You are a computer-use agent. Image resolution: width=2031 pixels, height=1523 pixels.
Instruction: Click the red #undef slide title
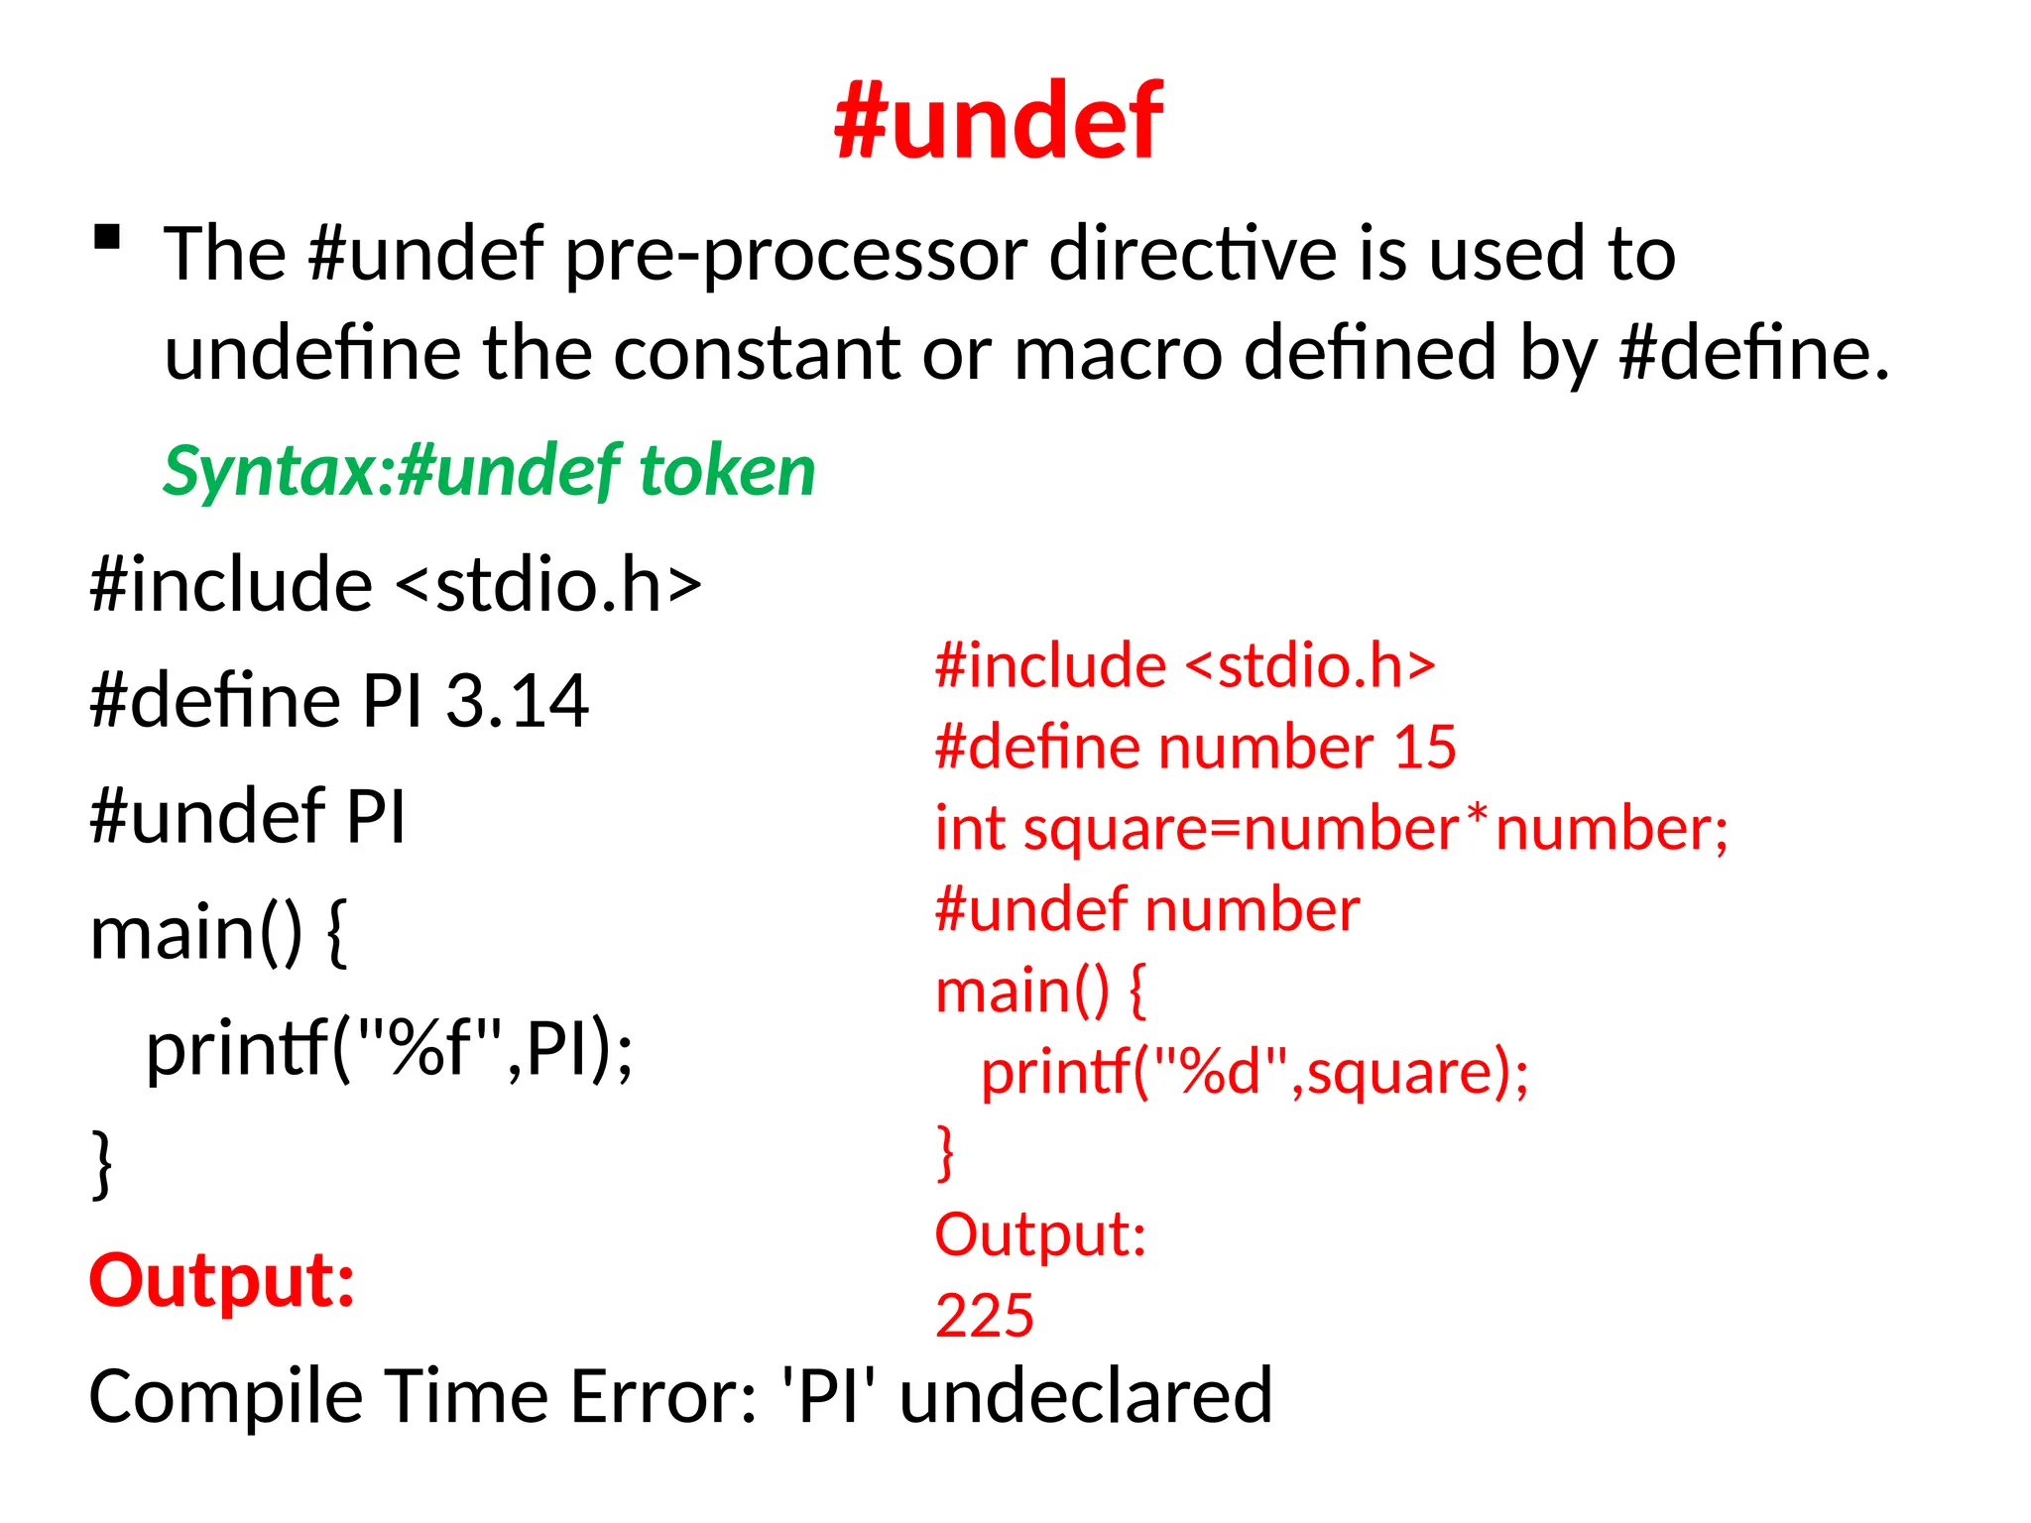[999, 121]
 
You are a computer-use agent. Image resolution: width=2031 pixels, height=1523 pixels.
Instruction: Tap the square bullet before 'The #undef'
[107, 238]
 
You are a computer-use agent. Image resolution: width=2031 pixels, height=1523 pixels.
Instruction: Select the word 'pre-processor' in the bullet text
[797, 256]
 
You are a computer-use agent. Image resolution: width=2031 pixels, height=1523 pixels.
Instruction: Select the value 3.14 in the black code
[517, 701]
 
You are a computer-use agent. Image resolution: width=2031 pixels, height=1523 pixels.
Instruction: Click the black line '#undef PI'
[248, 817]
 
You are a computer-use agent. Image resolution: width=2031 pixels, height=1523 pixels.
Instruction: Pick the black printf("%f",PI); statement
[389, 1049]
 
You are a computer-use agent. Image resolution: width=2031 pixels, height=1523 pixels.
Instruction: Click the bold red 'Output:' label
[222, 1280]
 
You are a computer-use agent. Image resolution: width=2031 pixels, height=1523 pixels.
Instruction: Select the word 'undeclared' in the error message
[1085, 1396]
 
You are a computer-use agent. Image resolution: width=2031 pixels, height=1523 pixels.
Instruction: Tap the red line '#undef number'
[1147, 909]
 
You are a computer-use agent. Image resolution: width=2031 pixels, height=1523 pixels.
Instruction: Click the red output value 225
[985, 1316]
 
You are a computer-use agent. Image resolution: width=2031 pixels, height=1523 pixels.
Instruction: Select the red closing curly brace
[945, 1153]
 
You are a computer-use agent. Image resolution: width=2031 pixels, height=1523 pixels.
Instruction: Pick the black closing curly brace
[101, 1164]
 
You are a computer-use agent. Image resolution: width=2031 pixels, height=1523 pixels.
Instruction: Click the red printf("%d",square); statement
[1254, 1073]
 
